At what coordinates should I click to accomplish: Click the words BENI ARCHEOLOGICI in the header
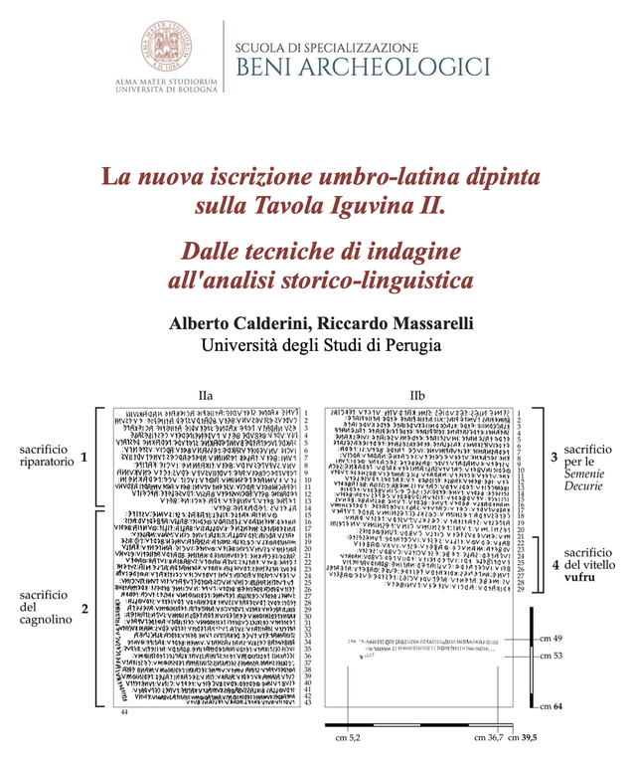tap(362, 67)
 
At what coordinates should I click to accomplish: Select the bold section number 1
tap(85, 457)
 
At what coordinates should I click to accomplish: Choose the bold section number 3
tap(555, 456)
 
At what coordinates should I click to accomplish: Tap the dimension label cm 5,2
tap(349, 738)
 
